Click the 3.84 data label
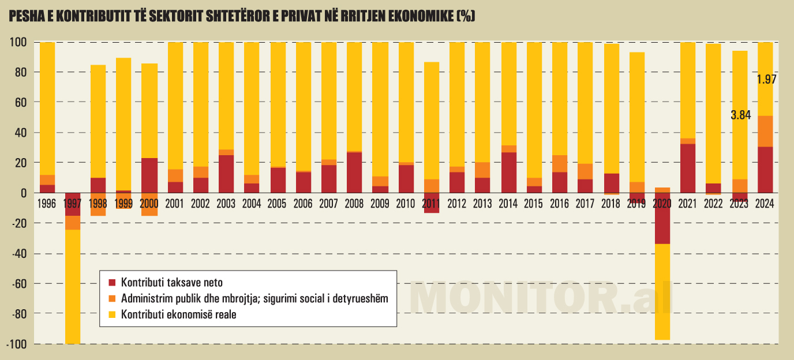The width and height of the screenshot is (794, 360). [x=740, y=115]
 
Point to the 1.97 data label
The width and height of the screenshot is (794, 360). [x=766, y=80]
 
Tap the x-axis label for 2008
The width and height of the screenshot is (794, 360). [x=354, y=203]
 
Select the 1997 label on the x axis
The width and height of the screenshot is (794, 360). [x=73, y=203]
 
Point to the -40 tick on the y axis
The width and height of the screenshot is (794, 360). [x=17, y=253]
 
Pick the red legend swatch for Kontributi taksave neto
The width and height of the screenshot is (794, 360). [x=112, y=283]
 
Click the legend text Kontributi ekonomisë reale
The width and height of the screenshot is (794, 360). [x=179, y=314]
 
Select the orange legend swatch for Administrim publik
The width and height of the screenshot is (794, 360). [x=112, y=299]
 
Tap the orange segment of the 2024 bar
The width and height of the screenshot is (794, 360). [x=765, y=131]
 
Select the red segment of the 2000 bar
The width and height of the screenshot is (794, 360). [x=149, y=175]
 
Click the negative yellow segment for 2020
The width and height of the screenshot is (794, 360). [x=662, y=291]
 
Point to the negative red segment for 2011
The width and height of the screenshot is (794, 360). [x=431, y=208]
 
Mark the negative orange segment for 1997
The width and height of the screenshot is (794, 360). [x=73, y=223]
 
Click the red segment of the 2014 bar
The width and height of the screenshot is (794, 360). [x=508, y=172]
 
